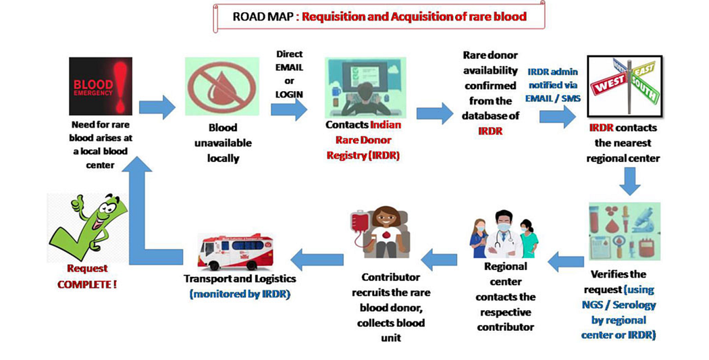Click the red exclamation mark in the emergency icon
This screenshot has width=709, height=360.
point(120,84)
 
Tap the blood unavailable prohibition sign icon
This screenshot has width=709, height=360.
point(214,86)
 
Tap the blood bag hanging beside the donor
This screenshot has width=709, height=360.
point(361,225)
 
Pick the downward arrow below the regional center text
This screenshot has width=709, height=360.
point(631,179)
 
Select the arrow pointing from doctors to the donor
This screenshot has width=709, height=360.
point(440,257)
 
